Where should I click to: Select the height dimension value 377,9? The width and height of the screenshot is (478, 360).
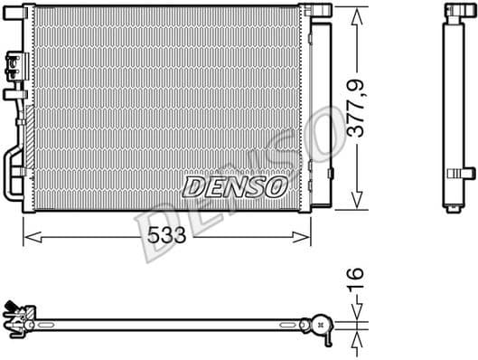click(359, 109)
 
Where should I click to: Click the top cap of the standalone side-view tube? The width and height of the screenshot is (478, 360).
click(453, 11)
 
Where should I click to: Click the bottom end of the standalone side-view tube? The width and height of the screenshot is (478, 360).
click(452, 209)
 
